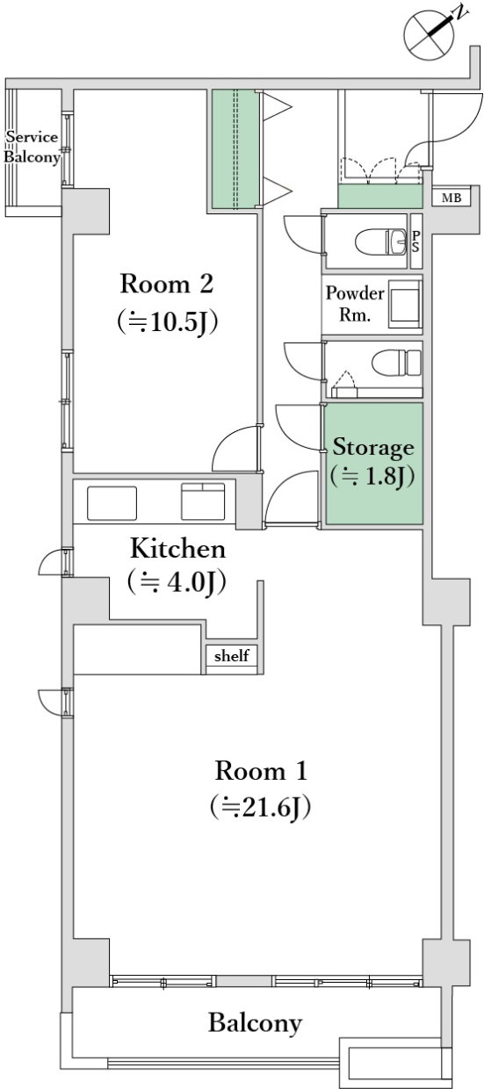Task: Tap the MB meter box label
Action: pyautogui.click(x=451, y=198)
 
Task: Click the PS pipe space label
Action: pyautogui.click(x=415, y=242)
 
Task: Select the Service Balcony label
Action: pyautogui.click(x=33, y=148)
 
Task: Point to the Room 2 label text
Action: pyautogui.click(x=166, y=284)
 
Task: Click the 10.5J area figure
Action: pyautogui.click(x=167, y=321)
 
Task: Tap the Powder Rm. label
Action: pyautogui.click(x=355, y=303)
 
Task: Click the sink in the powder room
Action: pyautogui.click(x=404, y=303)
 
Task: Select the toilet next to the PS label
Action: pyautogui.click(x=381, y=242)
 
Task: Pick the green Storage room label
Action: pyautogui.click(x=373, y=448)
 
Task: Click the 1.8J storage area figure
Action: pyautogui.click(x=372, y=476)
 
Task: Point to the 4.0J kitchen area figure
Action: pyautogui.click(x=177, y=582)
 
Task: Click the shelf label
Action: pyautogui.click(x=232, y=655)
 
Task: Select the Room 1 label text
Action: pyautogui.click(x=261, y=771)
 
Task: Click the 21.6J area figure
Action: pyautogui.click(x=261, y=808)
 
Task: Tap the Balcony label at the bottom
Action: pyautogui.click(x=255, y=1022)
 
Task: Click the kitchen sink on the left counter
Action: pyautogui.click(x=112, y=502)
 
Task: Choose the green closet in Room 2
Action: pyautogui.click(x=235, y=149)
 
